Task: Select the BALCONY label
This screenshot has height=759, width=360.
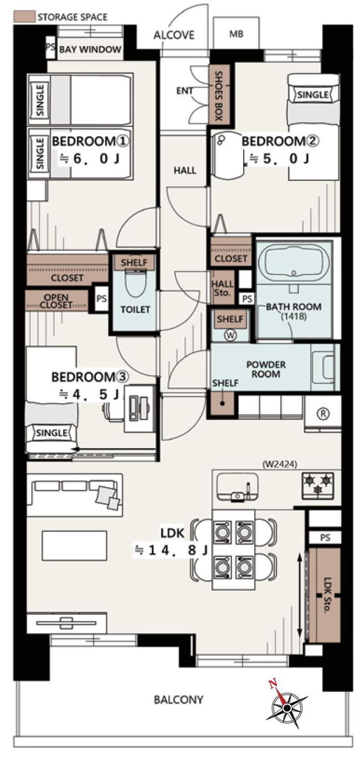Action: [179, 699]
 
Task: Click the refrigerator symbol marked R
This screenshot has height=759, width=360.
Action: [324, 413]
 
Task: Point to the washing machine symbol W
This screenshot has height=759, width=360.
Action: [231, 335]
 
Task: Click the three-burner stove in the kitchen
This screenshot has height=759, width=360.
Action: [318, 485]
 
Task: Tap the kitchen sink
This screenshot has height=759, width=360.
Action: [237, 487]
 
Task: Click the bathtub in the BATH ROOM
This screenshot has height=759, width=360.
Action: [294, 262]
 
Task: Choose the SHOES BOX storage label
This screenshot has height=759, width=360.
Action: [219, 96]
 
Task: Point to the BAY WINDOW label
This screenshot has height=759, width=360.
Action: [90, 49]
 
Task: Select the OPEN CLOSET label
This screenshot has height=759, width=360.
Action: [56, 301]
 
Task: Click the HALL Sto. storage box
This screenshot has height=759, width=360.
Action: [223, 288]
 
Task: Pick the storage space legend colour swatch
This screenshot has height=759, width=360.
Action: [24, 17]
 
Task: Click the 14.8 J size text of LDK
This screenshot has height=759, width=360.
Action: [171, 551]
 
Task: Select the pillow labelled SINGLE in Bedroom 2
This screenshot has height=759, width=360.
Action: [313, 95]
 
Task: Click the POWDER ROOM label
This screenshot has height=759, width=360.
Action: [266, 369]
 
